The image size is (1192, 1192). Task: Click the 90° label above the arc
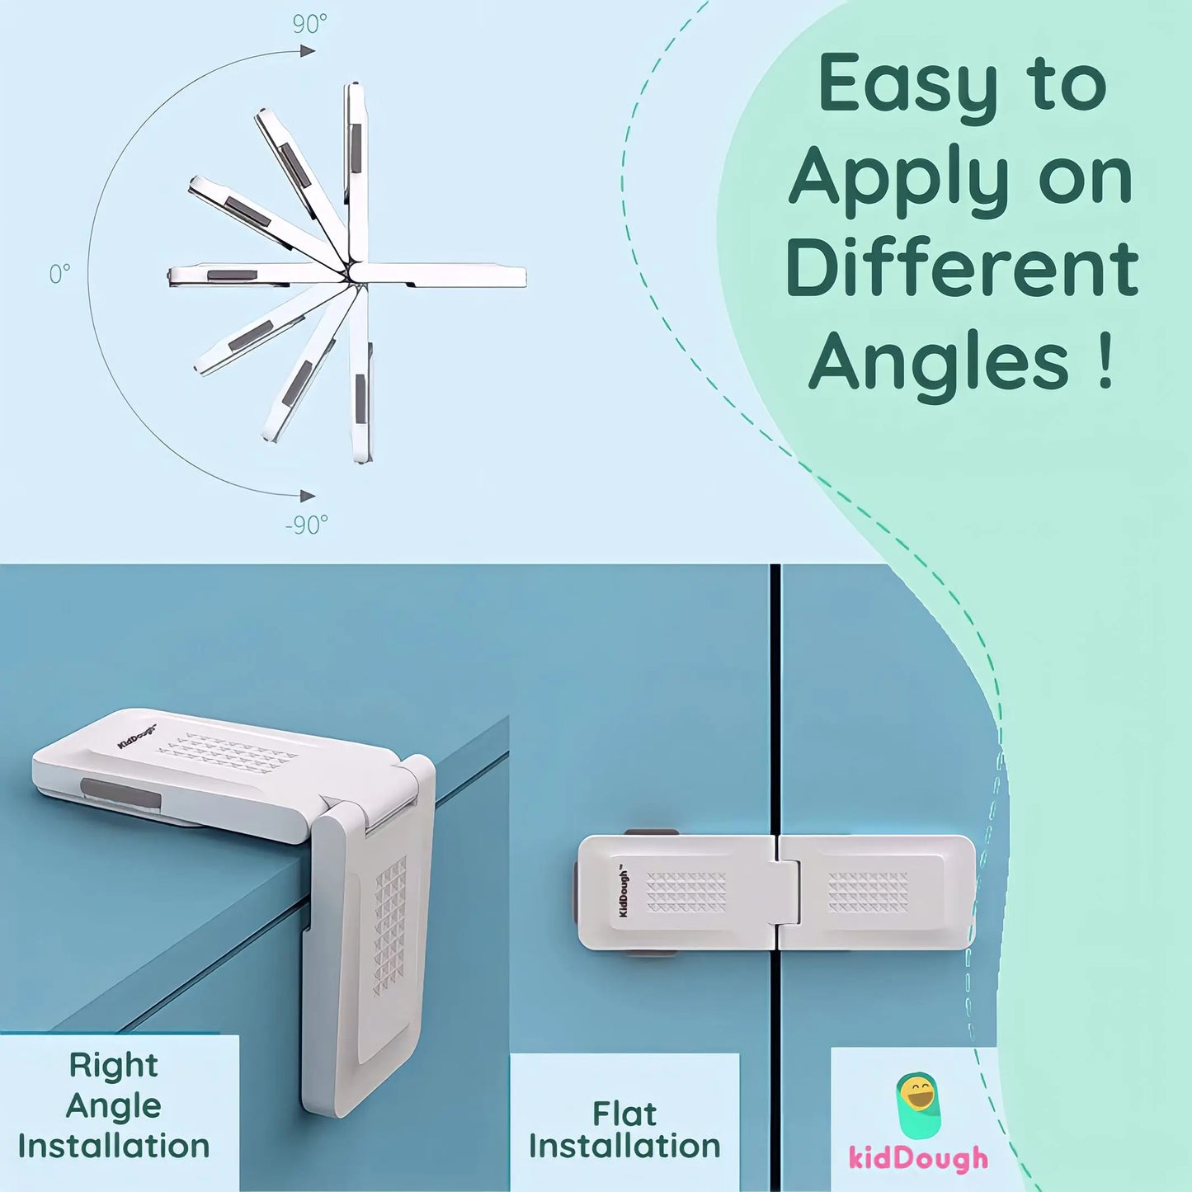click(x=309, y=25)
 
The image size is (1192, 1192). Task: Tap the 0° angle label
click(x=59, y=273)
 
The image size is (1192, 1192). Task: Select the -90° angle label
click(x=306, y=525)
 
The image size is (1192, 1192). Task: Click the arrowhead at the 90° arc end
click(x=308, y=51)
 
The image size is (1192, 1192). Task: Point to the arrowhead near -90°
click(x=308, y=496)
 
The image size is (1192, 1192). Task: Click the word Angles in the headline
click(x=939, y=363)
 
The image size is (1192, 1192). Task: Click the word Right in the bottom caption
click(x=113, y=1065)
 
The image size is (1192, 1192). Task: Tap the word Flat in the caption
click(x=624, y=1114)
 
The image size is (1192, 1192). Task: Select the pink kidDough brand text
click(x=918, y=1158)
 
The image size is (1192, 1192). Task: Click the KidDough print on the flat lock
click(x=624, y=892)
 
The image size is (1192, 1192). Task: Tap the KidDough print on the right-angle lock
click(x=136, y=737)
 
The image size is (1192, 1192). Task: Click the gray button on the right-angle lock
click(x=121, y=793)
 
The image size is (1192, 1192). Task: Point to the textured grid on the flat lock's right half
click(x=868, y=892)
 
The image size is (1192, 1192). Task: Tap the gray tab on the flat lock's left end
click(x=575, y=893)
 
